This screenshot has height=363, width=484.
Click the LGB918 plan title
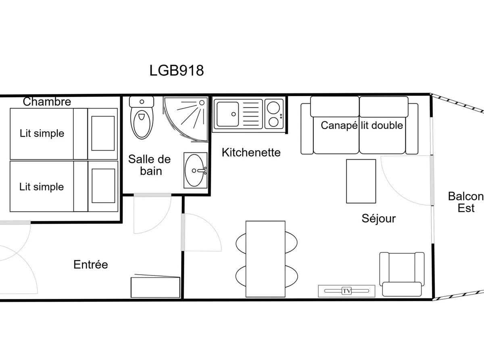pyautogui.click(x=176, y=71)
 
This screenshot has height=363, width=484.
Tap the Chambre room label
pyautogui.click(x=47, y=102)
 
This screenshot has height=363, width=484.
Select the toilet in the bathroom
pyautogui.click(x=142, y=118)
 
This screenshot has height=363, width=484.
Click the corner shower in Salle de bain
pyautogui.click(x=186, y=119)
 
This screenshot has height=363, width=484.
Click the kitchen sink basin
pyautogui.click(x=227, y=114)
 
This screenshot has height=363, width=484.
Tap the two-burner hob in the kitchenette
pyautogui.click(x=274, y=114)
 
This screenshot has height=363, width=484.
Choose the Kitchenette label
pyautogui.click(x=251, y=152)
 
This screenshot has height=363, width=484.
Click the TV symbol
pyautogui.click(x=346, y=291)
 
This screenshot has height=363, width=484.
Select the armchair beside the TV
pyautogui.click(x=402, y=274)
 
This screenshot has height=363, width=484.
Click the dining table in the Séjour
pyautogui.click(x=265, y=259)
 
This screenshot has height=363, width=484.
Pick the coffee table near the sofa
pyautogui.click(x=361, y=181)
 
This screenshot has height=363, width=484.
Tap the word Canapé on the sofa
pyautogui.click(x=339, y=125)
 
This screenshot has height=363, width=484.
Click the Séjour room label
pyautogui.click(x=379, y=219)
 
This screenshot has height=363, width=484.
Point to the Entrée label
pyautogui.click(x=91, y=265)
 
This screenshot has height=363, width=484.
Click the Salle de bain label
pyautogui.click(x=150, y=165)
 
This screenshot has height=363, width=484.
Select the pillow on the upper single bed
pyautogui.click(x=103, y=134)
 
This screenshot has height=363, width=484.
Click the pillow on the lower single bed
pyautogui.click(x=103, y=186)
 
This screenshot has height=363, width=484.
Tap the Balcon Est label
pyautogui.click(x=466, y=202)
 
